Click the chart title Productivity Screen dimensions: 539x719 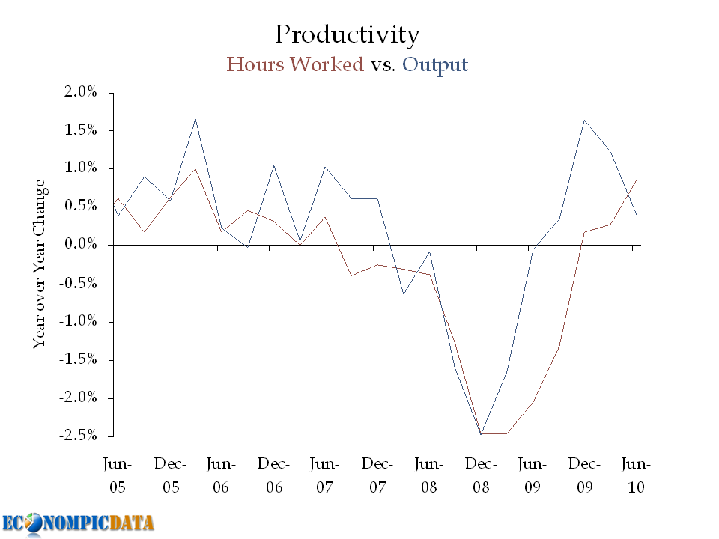pos(347,34)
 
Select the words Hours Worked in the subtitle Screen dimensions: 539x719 pos(295,64)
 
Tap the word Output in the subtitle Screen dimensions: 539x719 pos(435,64)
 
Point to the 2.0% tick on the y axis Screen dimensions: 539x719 pos(80,92)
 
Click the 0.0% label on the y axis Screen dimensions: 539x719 pos(80,245)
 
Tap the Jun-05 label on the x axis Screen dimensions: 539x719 pos(118,475)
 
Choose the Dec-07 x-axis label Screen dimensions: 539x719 pos(377,475)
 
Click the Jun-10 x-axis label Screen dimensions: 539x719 pos(636,475)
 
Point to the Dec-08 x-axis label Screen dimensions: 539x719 pos(480,475)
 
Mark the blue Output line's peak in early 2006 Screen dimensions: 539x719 pos(195,118)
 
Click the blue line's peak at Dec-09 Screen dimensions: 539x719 pos(584,120)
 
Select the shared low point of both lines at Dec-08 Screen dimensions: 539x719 pos(481,434)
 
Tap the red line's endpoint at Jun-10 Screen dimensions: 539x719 pos(636,180)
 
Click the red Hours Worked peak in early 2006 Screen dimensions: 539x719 pos(195,168)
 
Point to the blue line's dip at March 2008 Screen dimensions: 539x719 pos(403,293)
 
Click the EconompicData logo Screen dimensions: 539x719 pos(78,523)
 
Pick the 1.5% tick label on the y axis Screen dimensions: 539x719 pos(80,130)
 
